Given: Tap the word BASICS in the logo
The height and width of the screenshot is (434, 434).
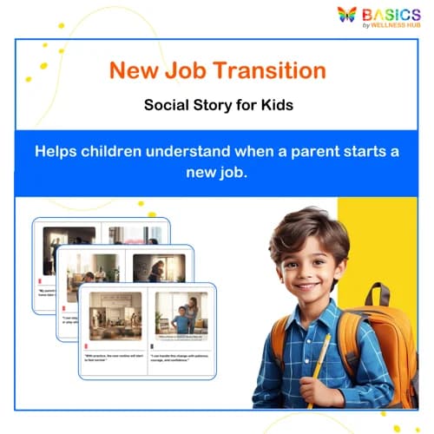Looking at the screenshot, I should click(391, 14).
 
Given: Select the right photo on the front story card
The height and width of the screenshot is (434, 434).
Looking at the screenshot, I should click(181, 313).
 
